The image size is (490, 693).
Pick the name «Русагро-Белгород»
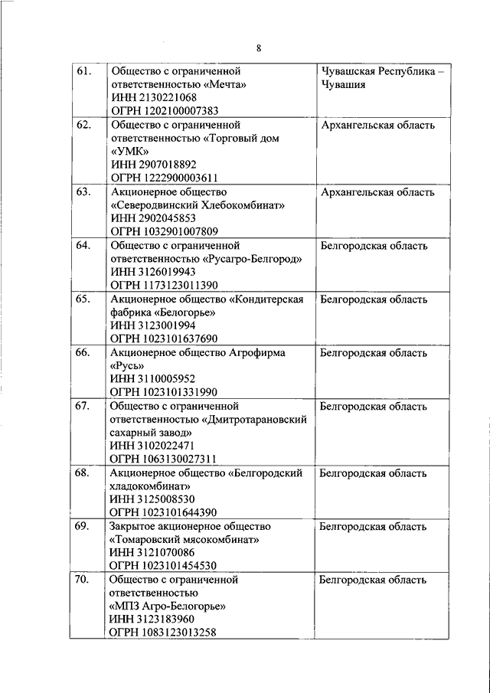[x=252, y=259]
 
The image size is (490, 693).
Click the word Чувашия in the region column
[x=344, y=84]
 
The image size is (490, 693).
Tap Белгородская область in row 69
[x=374, y=527]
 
